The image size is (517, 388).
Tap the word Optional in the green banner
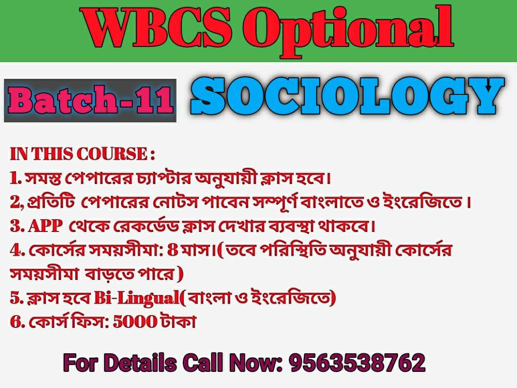point(348,31)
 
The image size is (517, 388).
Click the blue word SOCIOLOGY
point(347,96)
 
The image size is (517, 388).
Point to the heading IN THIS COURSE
point(82,154)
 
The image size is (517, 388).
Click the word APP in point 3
point(45,226)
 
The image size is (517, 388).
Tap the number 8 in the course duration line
point(173,250)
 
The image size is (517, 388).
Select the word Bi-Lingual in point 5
point(136,298)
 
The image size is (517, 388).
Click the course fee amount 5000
point(135,322)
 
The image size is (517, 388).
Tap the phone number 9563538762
point(357,362)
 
